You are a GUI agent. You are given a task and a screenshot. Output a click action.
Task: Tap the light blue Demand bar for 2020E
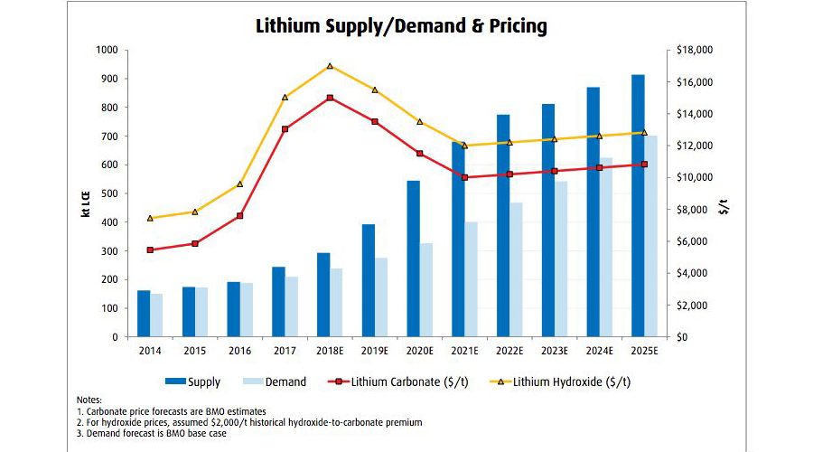[x=426, y=289]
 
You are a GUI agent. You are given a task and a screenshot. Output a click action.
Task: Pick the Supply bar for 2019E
[x=369, y=280]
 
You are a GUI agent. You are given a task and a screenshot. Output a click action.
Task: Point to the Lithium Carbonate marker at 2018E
[x=330, y=98]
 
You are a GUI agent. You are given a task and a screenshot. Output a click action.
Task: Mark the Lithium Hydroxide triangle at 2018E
[x=330, y=66]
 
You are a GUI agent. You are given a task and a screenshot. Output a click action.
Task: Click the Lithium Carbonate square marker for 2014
[x=150, y=250]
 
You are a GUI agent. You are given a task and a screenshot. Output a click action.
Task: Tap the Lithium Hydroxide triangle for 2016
[x=239, y=184]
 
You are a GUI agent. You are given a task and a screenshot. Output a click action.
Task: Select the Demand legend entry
[x=278, y=381]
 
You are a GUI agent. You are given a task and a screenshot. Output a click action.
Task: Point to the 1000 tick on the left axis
[x=107, y=51]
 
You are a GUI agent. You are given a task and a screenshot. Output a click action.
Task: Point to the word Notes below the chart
[x=90, y=399]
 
